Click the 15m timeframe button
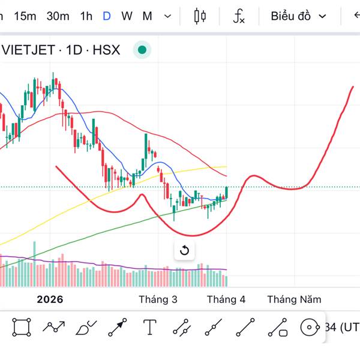click(25, 16)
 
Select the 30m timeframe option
click(58, 16)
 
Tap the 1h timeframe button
click(86, 16)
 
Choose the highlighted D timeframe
click(107, 16)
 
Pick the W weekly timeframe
click(127, 16)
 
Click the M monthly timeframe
click(147, 16)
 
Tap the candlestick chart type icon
click(200, 16)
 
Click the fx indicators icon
click(239, 16)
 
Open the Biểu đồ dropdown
click(298, 16)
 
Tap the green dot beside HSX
click(142, 50)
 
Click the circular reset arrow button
click(184, 250)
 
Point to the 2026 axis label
click(50, 299)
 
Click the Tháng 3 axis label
click(158, 299)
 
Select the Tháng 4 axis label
click(226, 299)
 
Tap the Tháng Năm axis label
click(294, 299)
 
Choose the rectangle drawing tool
click(21, 327)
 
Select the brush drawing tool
click(86, 328)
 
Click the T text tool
click(149, 327)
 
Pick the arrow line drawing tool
click(118, 327)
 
